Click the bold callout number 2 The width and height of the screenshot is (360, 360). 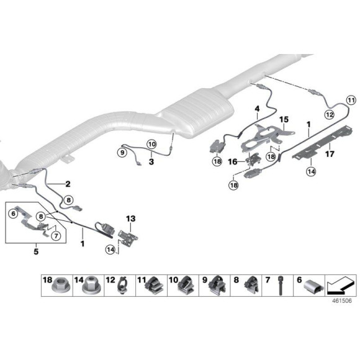[67, 184]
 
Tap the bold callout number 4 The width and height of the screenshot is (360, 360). [256, 109]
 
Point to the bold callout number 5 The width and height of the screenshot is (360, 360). [35, 251]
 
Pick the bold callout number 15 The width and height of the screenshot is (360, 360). [284, 119]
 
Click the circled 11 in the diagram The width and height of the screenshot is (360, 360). [351, 100]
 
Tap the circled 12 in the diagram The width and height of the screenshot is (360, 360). [329, 114]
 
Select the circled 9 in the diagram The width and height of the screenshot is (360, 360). [122, 152]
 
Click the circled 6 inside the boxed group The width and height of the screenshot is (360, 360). [12, 213]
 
